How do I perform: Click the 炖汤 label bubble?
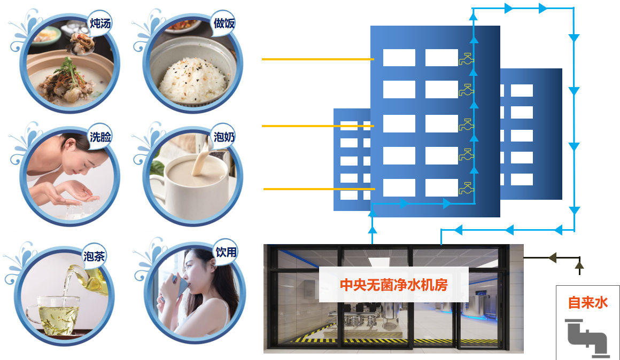(99, 24)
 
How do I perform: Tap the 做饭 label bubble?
(224, 24)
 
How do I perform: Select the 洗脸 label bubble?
(100, 137)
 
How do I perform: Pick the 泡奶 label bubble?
(224, 137)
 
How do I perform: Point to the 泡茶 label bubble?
(94, 256)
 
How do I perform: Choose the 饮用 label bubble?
(226, 252)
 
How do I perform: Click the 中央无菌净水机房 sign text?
(394, 285)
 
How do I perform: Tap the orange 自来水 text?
(587, 303)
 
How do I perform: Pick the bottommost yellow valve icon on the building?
(466, 189)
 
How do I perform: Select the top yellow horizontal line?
(318, 59)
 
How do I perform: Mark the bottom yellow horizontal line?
(319, 189)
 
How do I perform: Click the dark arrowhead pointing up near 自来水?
(579, 264)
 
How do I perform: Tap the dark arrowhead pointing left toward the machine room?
(552, 257)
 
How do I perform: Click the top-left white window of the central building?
(399, 58)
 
